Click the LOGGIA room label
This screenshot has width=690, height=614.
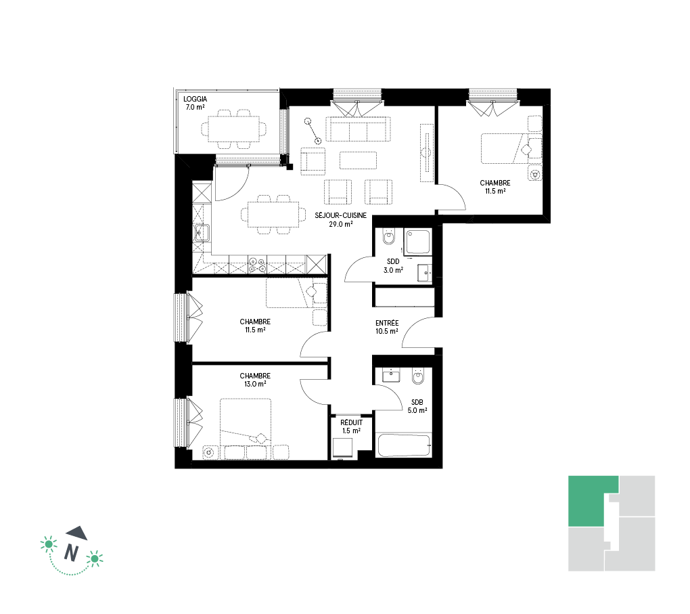pos(195,99)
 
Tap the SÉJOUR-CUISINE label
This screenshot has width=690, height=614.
pos(340,215)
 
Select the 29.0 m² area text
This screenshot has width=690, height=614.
pos(340,224)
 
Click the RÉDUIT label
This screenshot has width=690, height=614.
pos(351,422)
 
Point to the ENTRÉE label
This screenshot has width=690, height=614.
pos(387,323)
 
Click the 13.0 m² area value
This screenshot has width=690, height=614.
pos(255,384)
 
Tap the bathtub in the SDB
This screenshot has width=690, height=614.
pos(404,445)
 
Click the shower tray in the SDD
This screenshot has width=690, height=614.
pos(417,242)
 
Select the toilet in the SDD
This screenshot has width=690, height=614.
pos(388,236)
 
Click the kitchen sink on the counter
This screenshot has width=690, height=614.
pos(202,233)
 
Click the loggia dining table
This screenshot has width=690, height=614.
pos(233,129)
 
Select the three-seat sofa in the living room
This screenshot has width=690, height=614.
pos(359,129)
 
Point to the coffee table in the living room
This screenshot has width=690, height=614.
pos(359,160)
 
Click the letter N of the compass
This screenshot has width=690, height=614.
pos(72,552)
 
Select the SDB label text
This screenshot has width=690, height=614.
pos(417,402)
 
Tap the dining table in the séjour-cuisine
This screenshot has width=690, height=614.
pos(273,215)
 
